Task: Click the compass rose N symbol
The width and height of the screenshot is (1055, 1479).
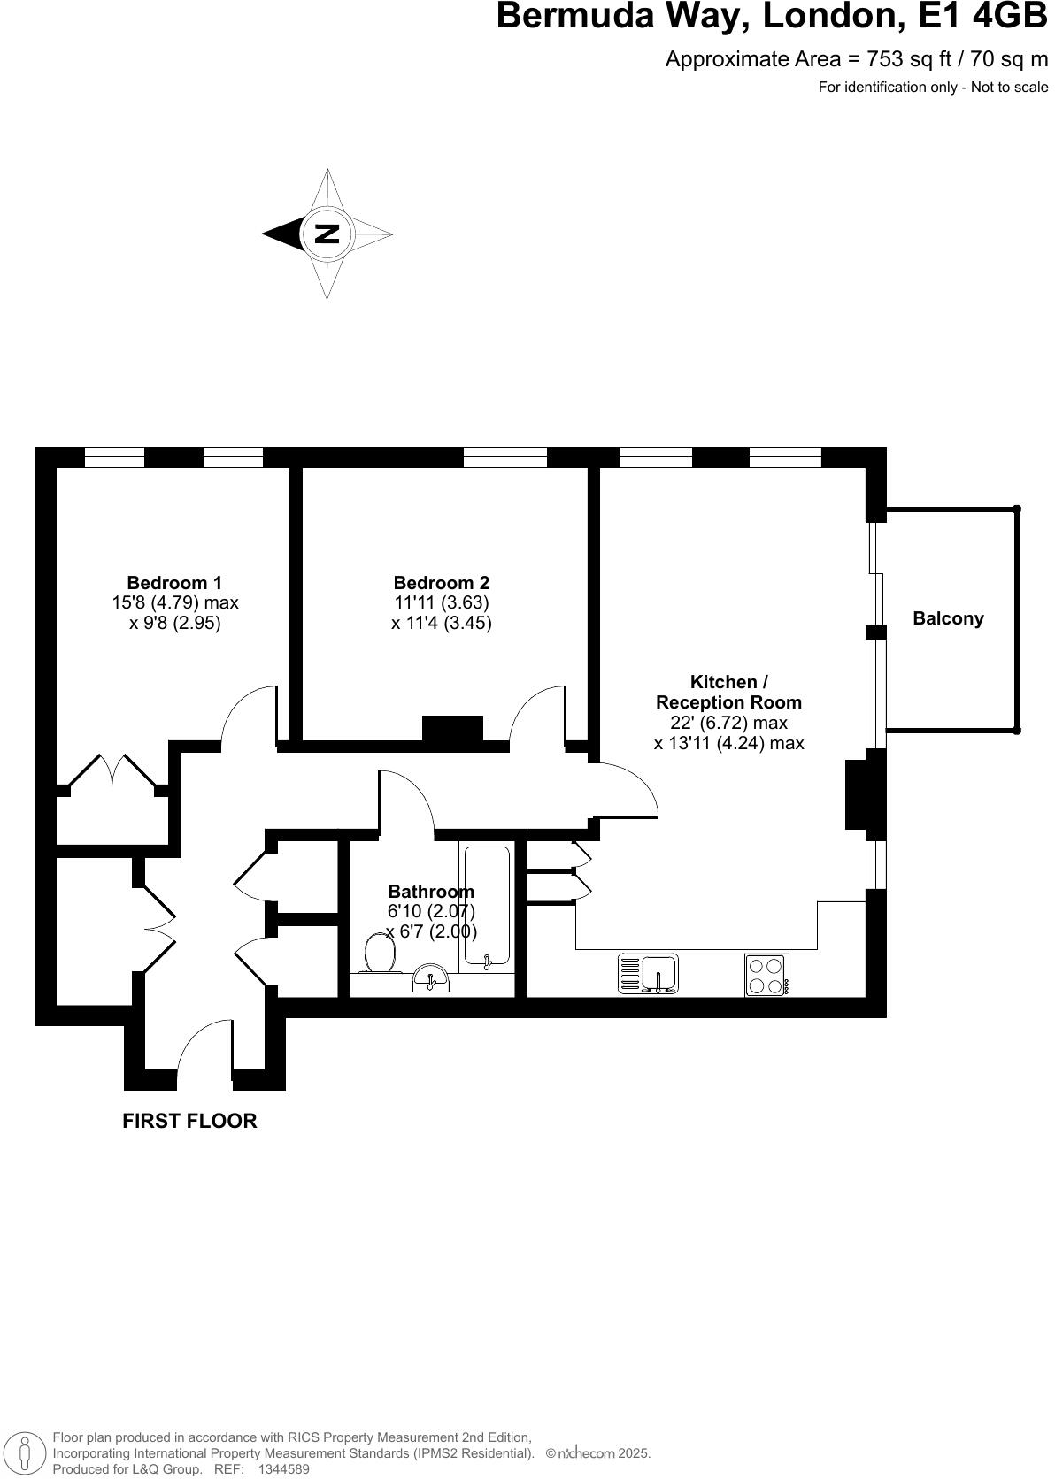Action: point(327,234)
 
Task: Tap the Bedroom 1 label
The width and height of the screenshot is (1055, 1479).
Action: point(174,583)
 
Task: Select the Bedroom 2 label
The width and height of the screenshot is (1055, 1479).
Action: point(441,583)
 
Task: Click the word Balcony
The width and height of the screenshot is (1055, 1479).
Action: point(948,618)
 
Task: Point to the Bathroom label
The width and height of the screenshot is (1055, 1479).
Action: point(431,892)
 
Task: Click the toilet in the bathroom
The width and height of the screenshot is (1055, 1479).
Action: point(381,954)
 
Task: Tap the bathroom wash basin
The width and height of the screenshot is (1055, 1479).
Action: point(431,979)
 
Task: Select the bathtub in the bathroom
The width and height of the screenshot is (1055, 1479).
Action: point(485,904)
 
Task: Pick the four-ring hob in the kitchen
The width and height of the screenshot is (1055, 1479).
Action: point(766,975)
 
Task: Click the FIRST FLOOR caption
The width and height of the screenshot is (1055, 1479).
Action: point(189,1121)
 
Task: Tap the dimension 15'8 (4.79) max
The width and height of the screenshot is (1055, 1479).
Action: point(174,602)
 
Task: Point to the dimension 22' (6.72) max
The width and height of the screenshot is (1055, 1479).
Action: point(728,723)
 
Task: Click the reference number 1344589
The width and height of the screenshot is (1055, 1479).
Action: point(283,1469)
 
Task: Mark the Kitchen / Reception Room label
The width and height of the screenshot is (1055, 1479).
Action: point(728,692)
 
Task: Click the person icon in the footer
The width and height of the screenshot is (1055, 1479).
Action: point(27,1453)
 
